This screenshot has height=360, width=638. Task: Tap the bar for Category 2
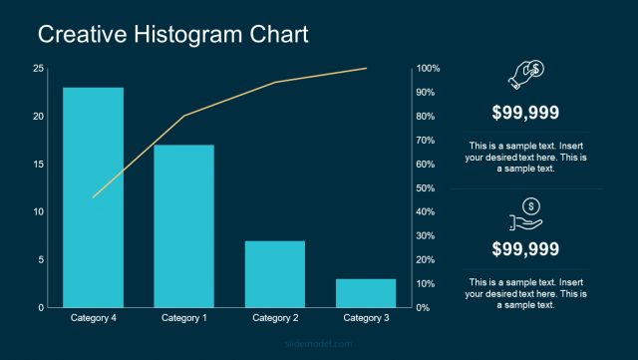point(274,273)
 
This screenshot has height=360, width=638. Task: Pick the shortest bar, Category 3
point(366,292)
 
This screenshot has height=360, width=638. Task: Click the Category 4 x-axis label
point(93,318)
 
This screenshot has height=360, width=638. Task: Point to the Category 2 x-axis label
point(275,318)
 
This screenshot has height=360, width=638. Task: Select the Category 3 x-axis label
point(366,318)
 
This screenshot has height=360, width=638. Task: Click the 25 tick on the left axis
point(38,68)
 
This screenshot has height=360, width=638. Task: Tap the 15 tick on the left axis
point(38,164)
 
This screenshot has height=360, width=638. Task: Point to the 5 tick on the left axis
point(40,259)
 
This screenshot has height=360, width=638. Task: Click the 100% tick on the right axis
point(429,68)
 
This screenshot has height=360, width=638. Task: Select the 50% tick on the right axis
point(427,187)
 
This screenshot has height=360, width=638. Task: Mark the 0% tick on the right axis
point(424,307)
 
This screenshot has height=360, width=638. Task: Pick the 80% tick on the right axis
point(427,116)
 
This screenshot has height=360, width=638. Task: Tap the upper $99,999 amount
point(525,113)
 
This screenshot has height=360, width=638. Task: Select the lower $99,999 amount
point(525,248)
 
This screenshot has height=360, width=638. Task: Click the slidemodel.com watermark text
point(319,345)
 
